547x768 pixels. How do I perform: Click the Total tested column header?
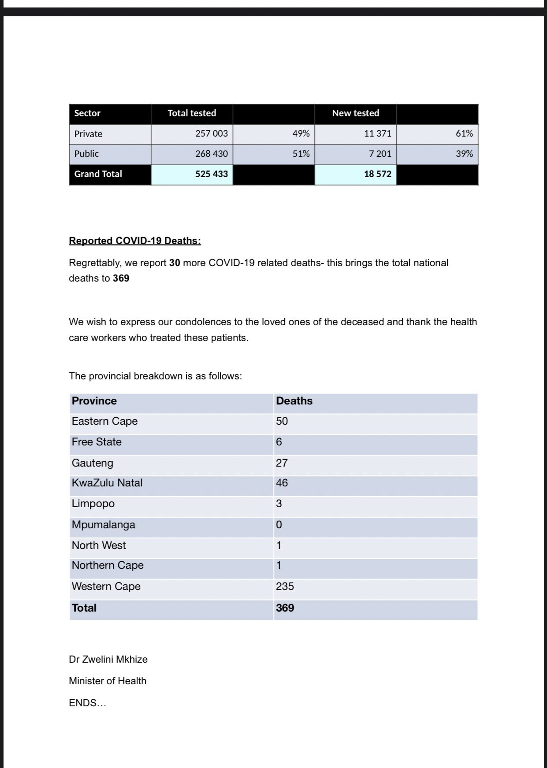tap(192, 113)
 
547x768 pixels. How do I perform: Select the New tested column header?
tap(355, 113)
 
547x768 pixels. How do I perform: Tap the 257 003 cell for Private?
tap(212, 134)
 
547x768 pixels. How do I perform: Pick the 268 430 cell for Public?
tap(212, 154)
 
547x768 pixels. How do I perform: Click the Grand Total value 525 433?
tap(212, 174)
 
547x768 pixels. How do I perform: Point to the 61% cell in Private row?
tap(464, 134)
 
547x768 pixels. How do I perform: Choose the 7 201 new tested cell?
tap(380, 154)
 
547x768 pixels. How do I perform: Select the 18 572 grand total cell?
tap(377, 174)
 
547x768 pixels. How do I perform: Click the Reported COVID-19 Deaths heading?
tap(135, 241)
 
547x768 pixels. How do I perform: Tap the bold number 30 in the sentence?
tap(175, 263)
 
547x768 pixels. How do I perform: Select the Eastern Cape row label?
tap(105, 421)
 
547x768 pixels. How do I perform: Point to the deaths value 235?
tap(285, 586)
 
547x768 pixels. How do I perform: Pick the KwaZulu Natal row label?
tap(107, 483)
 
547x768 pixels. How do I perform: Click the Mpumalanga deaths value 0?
tap(279, 525)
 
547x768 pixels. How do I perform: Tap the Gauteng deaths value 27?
tap(282, 463)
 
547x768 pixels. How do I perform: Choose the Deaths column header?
tap(294, 401)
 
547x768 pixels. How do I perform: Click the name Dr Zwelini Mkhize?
tap(108, 660)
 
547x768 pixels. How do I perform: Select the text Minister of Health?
tap(108, 681)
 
